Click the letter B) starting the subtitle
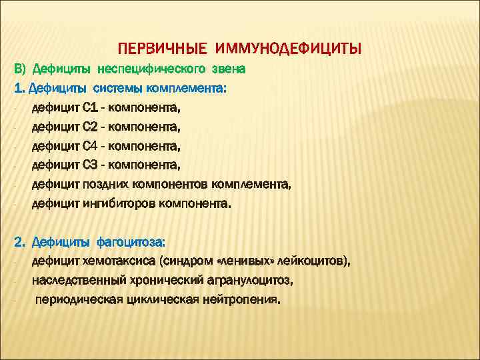pyautogui.click(x=20, y=69)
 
